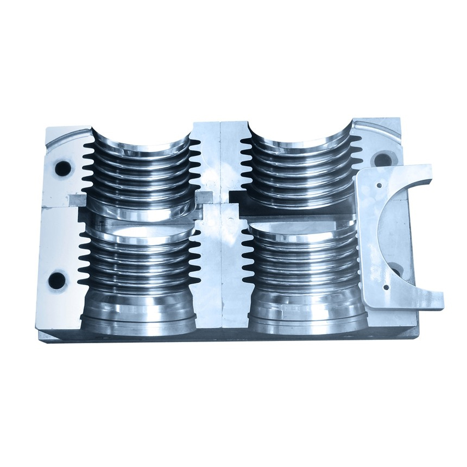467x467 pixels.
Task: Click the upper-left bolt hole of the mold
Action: coord(63,168)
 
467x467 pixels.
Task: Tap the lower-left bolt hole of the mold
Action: coord(56,281)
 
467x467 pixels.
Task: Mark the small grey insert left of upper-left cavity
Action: coord(75,199)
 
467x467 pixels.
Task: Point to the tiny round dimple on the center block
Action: coord(231,221)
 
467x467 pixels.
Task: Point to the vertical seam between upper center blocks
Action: coord(219,157)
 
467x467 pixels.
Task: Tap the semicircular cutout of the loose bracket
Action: coord(399,228)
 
